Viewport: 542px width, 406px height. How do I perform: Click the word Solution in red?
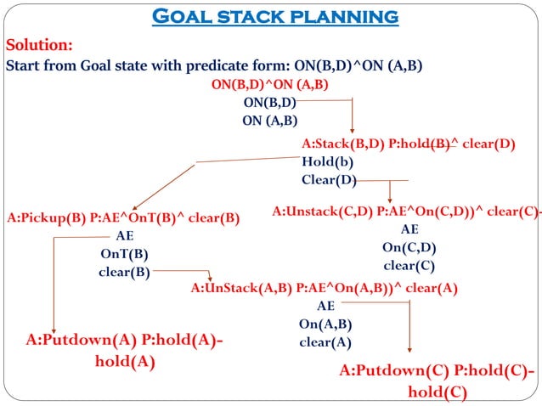point(38,44)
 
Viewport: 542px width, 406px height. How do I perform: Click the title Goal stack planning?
point(274,16)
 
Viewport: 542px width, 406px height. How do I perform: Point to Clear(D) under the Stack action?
point(329,179)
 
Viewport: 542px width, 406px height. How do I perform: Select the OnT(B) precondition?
point(124,254)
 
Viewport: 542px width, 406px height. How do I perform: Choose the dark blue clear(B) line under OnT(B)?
point(124,272)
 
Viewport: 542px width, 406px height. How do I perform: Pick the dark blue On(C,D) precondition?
point(409,247)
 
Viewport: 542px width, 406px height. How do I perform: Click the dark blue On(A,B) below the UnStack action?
point(325,324)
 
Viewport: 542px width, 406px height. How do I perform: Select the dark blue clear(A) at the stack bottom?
point(325,342)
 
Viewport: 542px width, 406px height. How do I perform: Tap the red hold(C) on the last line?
point(437,392)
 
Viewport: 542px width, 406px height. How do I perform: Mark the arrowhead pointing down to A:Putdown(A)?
point(54,329)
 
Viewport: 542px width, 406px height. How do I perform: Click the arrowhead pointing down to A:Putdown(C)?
point(411,347)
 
